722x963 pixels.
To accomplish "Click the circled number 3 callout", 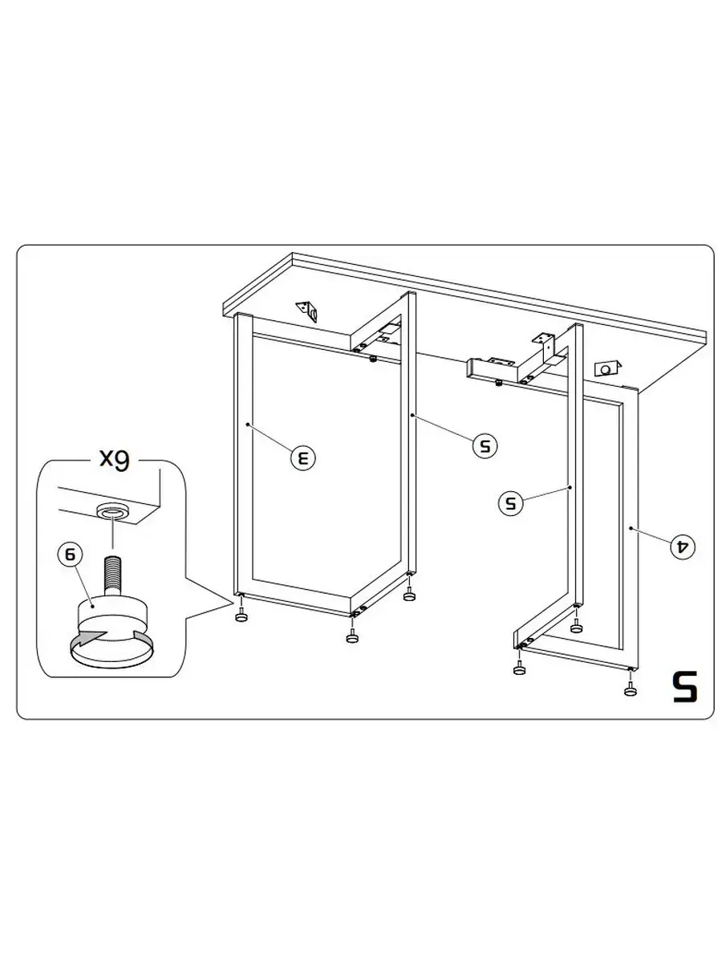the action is pos(303,458).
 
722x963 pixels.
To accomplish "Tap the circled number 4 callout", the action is pos(683,546).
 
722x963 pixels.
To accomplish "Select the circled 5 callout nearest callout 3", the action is pos(485,445).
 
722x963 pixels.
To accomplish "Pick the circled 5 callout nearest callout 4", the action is pos(511,503).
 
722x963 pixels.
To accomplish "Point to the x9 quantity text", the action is pos(115,459).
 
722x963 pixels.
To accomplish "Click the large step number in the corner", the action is pos(685,686).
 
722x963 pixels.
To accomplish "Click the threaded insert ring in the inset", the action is pos(113,511).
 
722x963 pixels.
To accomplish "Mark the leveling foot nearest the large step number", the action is pos(630,689).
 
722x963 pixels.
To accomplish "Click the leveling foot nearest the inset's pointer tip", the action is pos(241,615).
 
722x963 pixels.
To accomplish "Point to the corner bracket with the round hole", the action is pos(606,368).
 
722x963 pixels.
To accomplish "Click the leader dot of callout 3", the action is pos(248,425).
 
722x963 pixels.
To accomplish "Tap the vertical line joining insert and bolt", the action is pos(113,532).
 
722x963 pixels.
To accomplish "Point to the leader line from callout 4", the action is pos(651,536).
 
